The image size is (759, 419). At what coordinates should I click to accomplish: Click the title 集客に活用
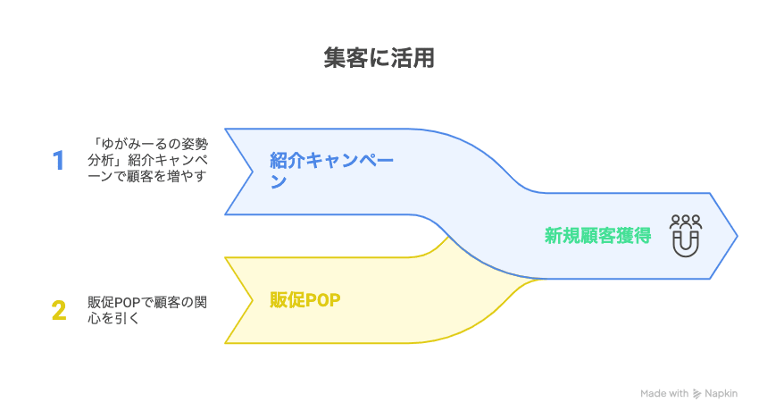tap(379, 59)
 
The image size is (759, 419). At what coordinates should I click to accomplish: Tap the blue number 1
tap(59, 161)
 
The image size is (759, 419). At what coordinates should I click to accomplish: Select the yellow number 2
tap(59, 311)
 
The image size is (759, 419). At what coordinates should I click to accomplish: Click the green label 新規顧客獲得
tap(597, 236)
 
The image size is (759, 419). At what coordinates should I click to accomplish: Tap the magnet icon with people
tap(686, 235)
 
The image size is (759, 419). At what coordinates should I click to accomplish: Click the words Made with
tap(665, 394)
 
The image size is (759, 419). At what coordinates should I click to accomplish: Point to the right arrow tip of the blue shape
tap(736, 236)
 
